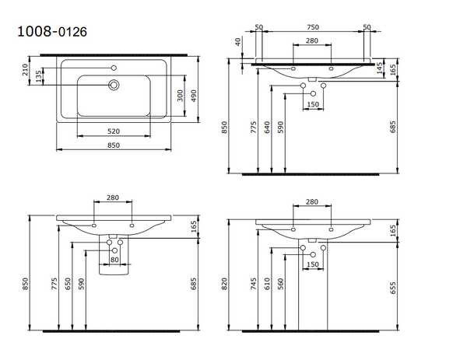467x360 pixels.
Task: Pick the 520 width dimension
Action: pyautogui.click(x=114, y=131)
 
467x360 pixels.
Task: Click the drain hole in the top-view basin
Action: pyautogui.click(x=114, y=85)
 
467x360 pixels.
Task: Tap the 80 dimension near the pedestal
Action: pyautogui.click(x=114, y=260)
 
